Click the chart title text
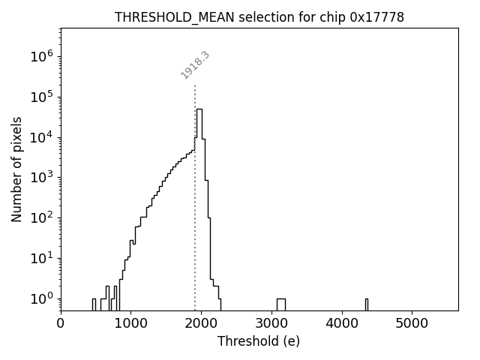259,17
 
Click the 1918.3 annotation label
195,65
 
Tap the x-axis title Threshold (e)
259,341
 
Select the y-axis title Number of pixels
16,169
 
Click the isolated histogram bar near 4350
367,304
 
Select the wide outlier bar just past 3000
280,304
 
